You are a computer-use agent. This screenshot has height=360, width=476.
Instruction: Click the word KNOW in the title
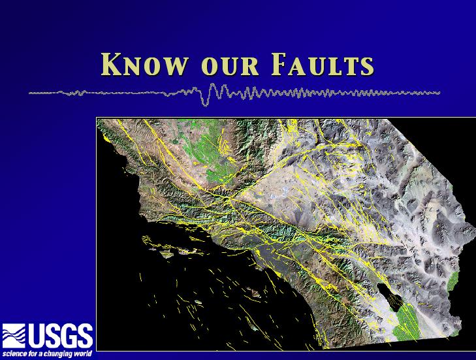coord(144,65)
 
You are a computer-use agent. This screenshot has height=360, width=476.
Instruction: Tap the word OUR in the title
coord(230,66)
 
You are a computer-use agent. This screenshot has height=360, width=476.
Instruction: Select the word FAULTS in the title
coord(323,65)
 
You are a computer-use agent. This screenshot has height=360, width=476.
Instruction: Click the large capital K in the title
coord(112,65)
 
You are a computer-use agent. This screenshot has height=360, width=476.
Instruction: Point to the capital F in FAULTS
coord(279,65)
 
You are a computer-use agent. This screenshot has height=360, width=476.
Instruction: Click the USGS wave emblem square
coord(14,335)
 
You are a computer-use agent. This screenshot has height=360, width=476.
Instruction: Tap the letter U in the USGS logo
coord(37,335)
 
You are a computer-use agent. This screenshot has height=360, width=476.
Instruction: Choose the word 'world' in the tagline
coord(82,354)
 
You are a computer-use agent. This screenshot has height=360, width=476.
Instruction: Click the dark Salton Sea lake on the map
coord(390,297)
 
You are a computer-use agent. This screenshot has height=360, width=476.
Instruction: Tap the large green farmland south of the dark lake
coord(405,322)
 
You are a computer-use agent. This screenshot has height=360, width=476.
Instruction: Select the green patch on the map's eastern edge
coord(452,281)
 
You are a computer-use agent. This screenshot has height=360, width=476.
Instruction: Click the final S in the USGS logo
coord(85,335)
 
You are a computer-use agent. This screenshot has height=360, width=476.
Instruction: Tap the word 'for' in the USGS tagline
coord(31,354)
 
